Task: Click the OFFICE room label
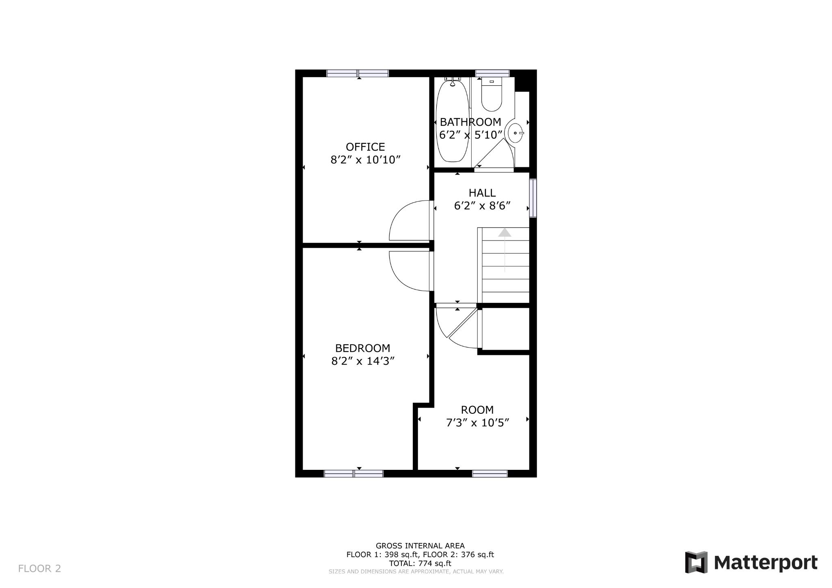point(365,147)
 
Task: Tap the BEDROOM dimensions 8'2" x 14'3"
point(363,361)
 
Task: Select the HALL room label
point(482,193)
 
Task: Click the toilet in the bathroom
point(491,95)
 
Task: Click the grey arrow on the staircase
point(505,233)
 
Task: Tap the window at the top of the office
point(357,73)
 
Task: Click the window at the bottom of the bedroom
point(353,473)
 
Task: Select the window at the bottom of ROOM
point(490,473)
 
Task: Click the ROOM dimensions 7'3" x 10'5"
point(477,423)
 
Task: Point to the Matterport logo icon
point(696,562)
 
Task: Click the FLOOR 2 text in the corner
point(39,569)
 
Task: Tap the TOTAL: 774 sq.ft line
point(420,564)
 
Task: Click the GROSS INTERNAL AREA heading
point(420,546)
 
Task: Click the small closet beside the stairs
point(505,329)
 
